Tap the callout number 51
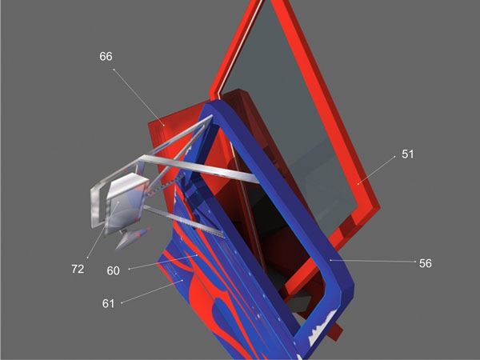coord(407,154)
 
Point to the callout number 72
coord(78,269)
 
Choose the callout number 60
coord(114,270)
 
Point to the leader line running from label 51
coord(376,170)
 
